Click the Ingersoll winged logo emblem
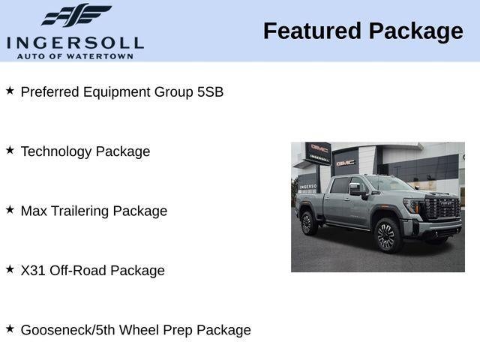click(75, 15)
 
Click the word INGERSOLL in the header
click(75, 42)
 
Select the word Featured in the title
click(312, 31)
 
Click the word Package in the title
click(415, 31)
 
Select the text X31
click(33, 271)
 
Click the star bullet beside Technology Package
click(10, 150)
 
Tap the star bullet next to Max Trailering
click(10, 210)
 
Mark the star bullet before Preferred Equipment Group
click(10, 91)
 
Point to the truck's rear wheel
click(307, 223)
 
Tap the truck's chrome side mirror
click(356, 189)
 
